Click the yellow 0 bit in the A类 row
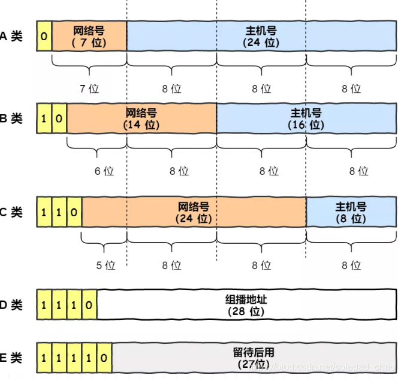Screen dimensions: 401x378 coord(44,36)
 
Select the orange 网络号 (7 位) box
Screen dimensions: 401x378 coord(89,36)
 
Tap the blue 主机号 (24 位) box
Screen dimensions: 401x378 coord(261,36)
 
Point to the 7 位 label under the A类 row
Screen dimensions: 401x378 coord(89,89)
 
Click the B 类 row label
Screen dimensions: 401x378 coord(11,119)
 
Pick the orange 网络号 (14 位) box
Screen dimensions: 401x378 coord(141,119)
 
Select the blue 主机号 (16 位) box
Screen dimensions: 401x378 coord(306,119)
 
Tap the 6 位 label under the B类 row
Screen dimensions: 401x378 coord(104,171)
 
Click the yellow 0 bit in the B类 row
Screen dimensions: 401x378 coord(59,119)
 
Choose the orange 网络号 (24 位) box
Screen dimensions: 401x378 coord(194,212)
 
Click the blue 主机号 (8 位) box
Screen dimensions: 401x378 coord(351,212)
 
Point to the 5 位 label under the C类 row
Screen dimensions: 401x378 coord(105,265)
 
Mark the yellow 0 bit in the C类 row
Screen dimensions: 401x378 coord(74,212)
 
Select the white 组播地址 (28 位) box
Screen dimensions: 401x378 coord(247,304)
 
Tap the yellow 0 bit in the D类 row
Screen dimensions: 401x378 coord(89,304)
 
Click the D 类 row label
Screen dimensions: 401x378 coord(11,305)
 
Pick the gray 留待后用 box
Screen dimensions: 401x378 coord(254,358)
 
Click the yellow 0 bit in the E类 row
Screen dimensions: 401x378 coord(104,358)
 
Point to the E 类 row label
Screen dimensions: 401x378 coord(11,358)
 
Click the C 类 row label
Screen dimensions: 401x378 coord(11,212)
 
